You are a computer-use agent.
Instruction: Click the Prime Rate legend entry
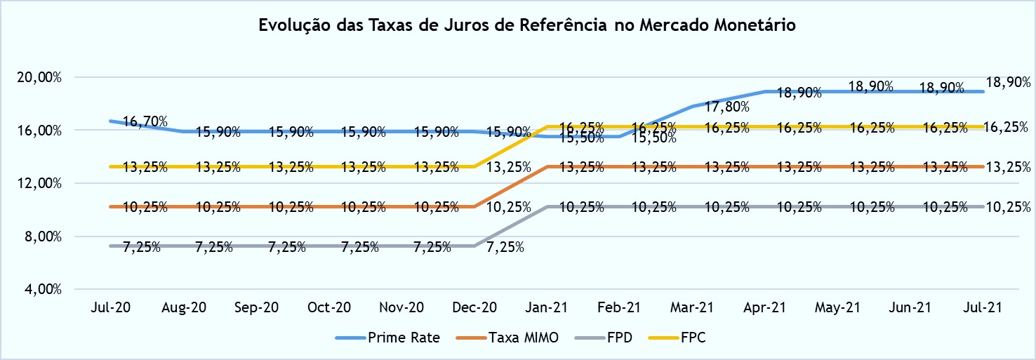point(404,338)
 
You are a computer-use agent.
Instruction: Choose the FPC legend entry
point(693,338)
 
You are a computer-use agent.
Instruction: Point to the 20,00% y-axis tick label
point(39,77)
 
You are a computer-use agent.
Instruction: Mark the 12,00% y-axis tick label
point(39,183)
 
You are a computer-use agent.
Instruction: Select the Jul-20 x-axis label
point(111,308)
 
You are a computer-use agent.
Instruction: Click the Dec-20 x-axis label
point(475,308)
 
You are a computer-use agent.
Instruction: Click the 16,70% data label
point(145,122)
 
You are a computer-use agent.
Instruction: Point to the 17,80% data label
point(728,107)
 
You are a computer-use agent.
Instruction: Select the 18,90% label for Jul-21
point(1008,82)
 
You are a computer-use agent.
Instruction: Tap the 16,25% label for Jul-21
point(1008,127)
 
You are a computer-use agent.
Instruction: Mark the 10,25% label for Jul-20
point(145,207)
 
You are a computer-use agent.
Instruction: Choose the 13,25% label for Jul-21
point(1008,167)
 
